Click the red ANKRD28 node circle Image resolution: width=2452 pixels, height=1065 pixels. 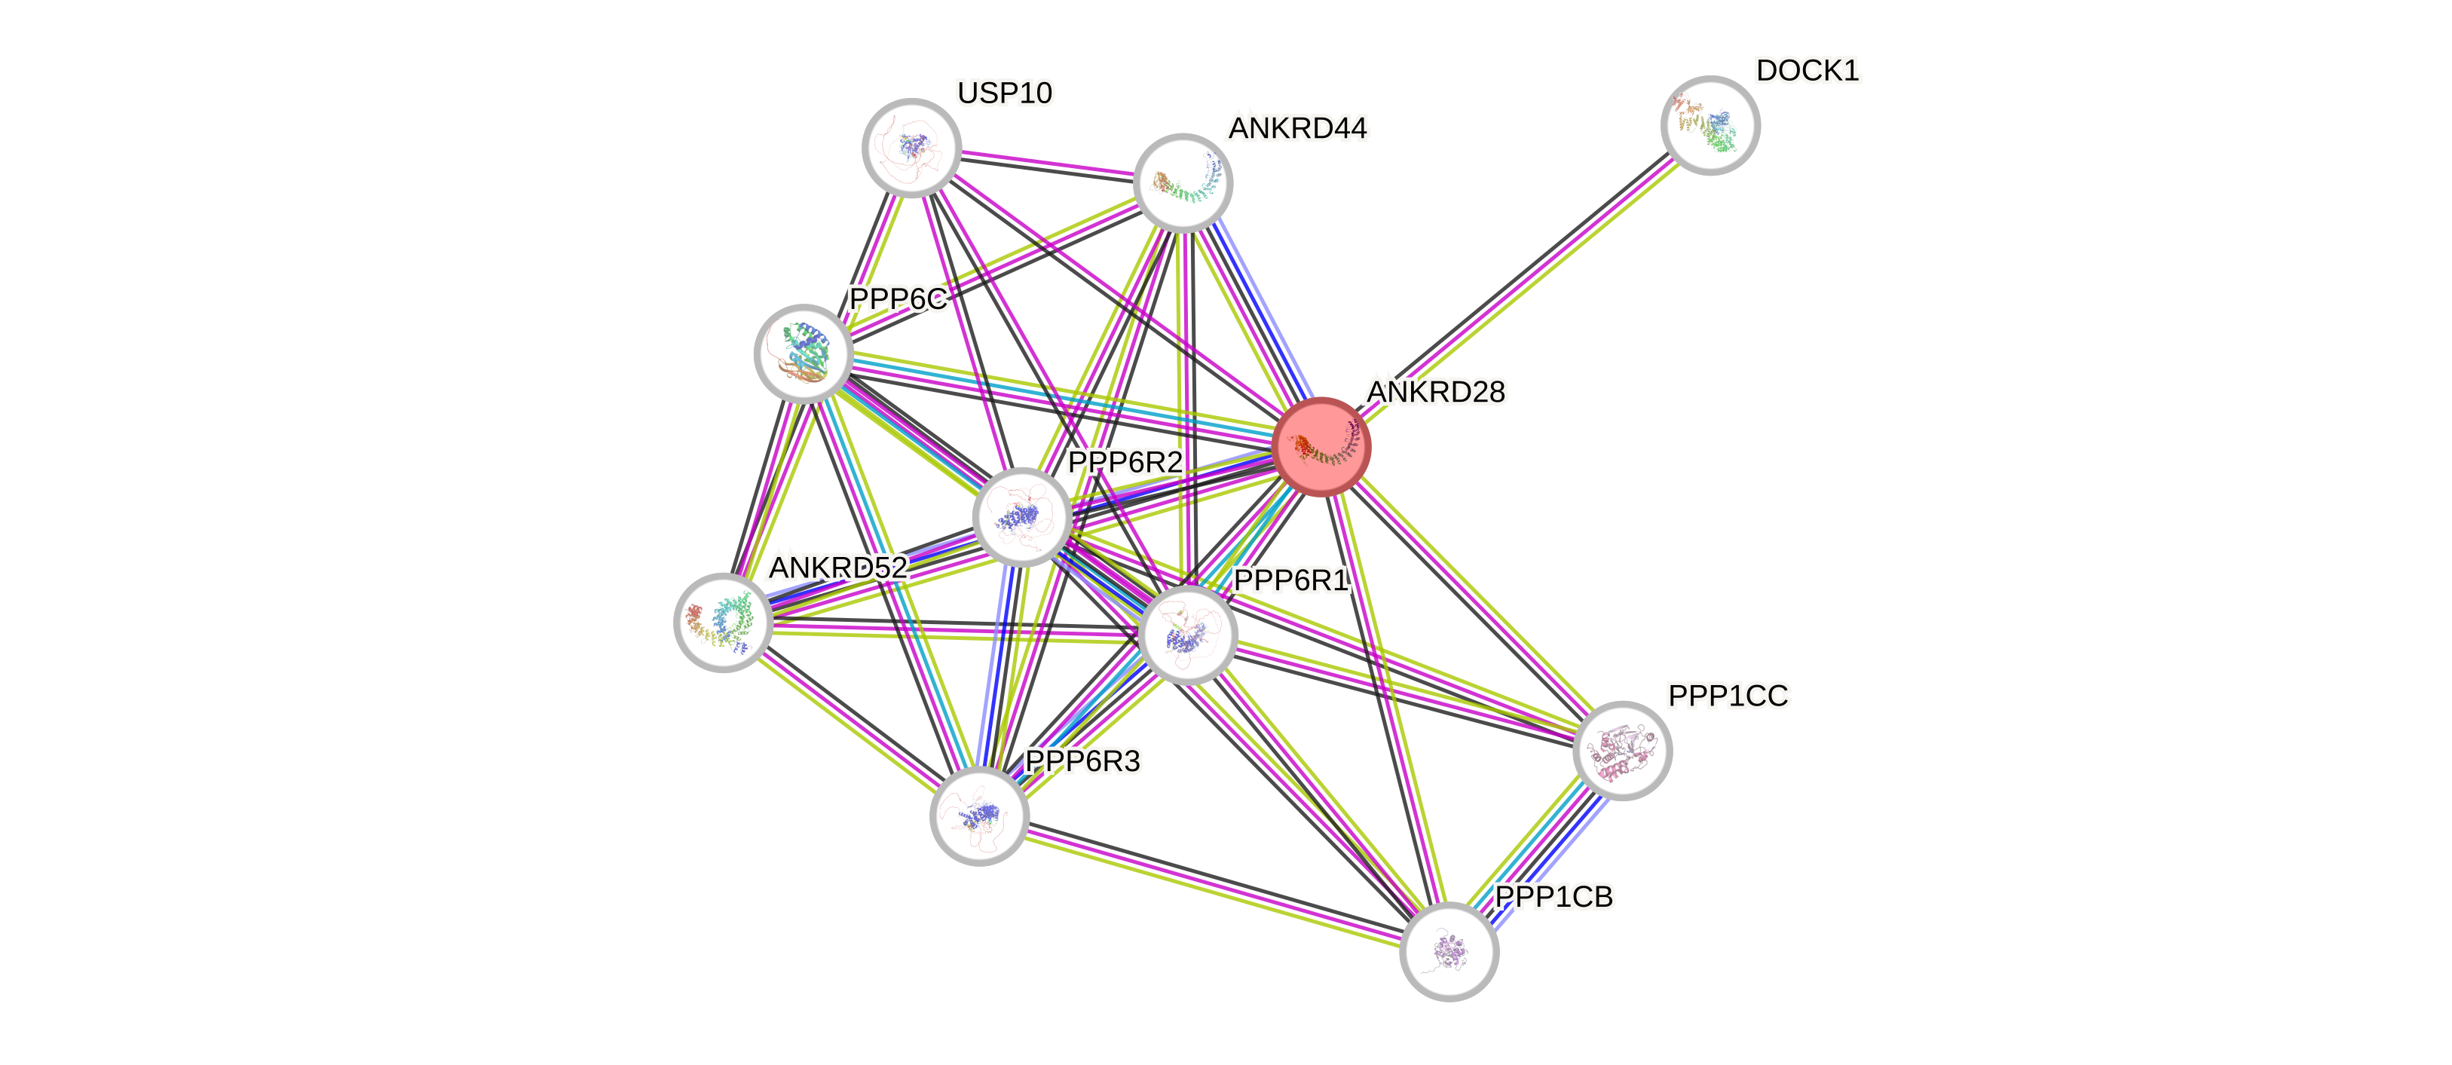click(1321, 446)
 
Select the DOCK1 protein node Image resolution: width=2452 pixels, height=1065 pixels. click(1710, 126)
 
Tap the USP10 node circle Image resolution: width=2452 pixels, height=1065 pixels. click(911, 148)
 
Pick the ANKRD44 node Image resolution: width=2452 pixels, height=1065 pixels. click(1182, 182)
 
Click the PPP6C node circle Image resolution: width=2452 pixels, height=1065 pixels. click(804, 353)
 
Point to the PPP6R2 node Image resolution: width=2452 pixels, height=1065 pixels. click(1022, 517)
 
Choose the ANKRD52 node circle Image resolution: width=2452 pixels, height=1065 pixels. click(722, 623)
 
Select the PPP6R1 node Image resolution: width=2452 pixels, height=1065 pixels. click(1187, 635)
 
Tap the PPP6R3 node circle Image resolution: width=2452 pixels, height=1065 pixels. click(978, 816)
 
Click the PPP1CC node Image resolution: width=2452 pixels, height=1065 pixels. click(1622, 750)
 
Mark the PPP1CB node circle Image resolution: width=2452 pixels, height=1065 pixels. click(1449, 950)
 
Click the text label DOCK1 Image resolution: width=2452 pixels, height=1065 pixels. click(1807, 70)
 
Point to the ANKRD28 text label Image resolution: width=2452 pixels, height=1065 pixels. click(1435, 392)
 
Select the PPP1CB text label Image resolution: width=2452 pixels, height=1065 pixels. click(1554, 896)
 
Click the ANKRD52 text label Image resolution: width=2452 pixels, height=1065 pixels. click(837, 568)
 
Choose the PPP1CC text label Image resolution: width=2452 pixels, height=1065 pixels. click(1728, 696)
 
